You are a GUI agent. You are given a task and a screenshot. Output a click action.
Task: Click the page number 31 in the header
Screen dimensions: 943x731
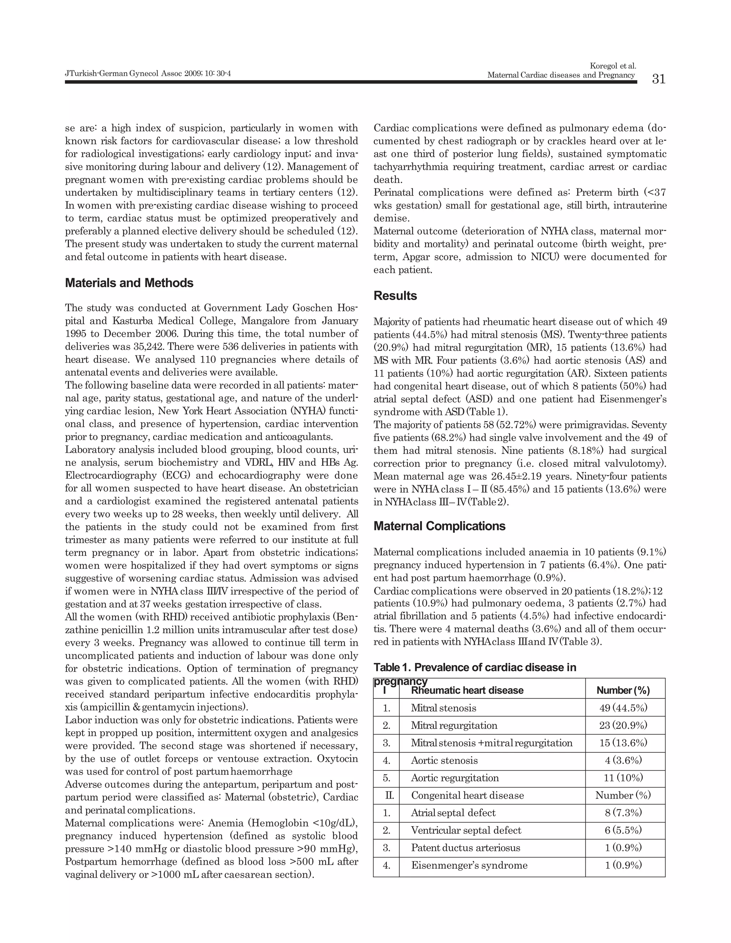[659, 79]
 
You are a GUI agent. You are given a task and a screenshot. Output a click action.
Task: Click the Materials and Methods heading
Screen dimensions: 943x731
[129, 283]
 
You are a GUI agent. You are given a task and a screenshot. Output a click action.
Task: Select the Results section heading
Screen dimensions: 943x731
[395, 296]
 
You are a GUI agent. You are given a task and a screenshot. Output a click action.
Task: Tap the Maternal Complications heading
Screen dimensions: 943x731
[439, 526]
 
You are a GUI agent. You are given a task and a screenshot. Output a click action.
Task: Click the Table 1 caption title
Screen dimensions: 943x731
[475, 668]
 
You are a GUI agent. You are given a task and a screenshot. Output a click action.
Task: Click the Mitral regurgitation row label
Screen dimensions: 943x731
[454, 725]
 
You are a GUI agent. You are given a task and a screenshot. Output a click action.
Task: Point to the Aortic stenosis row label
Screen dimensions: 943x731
[444, 760]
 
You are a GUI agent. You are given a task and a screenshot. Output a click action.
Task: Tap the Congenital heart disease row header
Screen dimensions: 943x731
[467, 795]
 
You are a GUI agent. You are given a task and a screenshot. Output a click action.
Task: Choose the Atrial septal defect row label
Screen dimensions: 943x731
[453, 813]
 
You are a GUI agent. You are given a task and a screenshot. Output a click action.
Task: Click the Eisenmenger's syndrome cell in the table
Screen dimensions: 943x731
[469, 865]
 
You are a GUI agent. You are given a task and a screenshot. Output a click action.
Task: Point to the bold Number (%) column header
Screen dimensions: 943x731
[623, 690]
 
